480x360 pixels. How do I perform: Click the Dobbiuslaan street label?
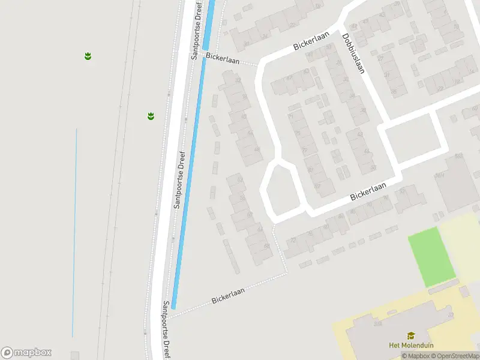[354, 53]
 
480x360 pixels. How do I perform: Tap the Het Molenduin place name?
[411, 345]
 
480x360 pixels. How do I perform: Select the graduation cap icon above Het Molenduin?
[411, 335]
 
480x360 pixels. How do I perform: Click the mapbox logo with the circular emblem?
[26, 352]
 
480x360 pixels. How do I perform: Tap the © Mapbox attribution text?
[415, 356]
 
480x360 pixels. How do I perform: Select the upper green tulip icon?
[88, 56]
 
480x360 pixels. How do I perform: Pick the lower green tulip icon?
[151, 116]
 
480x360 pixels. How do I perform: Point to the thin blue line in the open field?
[75, 234]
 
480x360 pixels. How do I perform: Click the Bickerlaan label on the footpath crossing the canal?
[223, 58]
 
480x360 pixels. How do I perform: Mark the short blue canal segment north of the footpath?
[209, 24]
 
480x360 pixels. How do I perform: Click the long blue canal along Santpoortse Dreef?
[188, 180]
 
